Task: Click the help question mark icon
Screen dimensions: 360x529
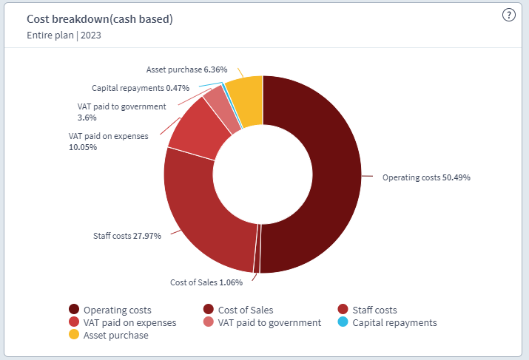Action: click(x=508, y=16)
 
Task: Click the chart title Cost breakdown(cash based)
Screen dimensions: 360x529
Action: click(x=100, y=19)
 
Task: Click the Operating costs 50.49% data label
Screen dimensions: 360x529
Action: click(x=425, y=177)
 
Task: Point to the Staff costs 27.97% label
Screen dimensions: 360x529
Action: click(x=127, y=236)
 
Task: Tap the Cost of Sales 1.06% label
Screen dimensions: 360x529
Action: click(x=206, y=282)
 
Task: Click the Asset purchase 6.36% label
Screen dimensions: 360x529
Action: click(x=181, y=69)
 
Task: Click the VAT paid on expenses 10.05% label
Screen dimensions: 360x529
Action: click(x=108, y=141)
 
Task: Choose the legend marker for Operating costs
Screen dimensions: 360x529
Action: click(x=74, y=310)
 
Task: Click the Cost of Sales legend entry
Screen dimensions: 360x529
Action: click(x=243, y=310)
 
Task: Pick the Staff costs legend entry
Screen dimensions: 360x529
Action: click(x=374, y=310)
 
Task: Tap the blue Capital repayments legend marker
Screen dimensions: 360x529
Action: click(x=342, y=323)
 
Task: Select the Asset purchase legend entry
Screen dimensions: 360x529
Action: click(x=115, y=336)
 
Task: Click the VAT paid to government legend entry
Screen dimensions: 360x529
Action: click(x=269, y=323)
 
